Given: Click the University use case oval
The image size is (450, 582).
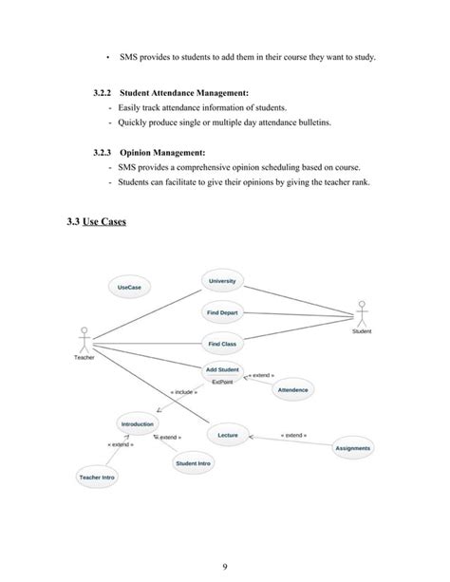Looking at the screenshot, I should point(223,280).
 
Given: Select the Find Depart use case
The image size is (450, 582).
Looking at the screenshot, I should point(222,311).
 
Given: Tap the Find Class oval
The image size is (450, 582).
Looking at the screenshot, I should point(222,343).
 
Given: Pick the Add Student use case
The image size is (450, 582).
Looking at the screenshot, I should point(222,369).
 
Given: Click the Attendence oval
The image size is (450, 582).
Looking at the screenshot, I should point(292,389).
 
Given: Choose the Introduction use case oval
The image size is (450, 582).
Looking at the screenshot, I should point(138,423).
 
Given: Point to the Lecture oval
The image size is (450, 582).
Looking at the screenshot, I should point(227,435).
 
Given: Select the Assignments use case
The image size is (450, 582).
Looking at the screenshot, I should point(353,448).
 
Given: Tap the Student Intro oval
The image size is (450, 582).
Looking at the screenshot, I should point(194,463).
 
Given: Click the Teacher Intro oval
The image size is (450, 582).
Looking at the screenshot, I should point(97,478).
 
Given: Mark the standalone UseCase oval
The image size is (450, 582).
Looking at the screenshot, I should point(129,286).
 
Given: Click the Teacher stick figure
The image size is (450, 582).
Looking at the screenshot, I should point(84,340).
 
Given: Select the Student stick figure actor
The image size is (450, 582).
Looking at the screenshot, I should point(362,314).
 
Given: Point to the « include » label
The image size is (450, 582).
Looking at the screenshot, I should point(183,391).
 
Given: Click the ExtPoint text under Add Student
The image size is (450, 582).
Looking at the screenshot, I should point(222,382).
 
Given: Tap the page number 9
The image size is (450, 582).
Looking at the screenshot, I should point(225,567).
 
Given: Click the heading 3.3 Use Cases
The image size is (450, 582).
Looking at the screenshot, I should point(91,223).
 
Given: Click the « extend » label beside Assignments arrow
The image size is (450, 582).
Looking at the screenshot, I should point(295,435).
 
